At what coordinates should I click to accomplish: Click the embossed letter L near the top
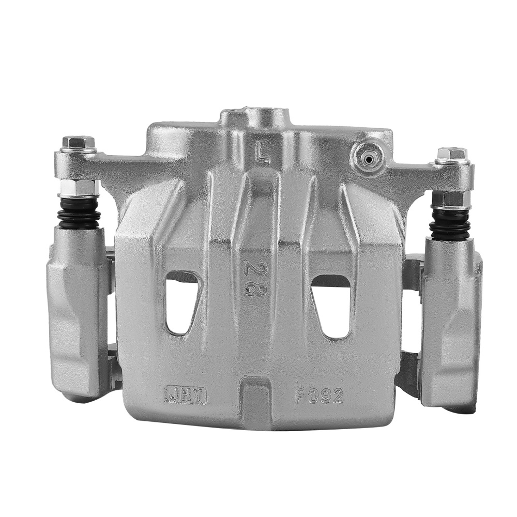[263, 154]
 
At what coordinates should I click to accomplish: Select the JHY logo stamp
[186, 394]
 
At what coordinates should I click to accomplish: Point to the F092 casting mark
[319, 396]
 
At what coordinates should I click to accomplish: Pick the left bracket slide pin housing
[76, 310]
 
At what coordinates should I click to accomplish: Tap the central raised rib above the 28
[257, 207]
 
